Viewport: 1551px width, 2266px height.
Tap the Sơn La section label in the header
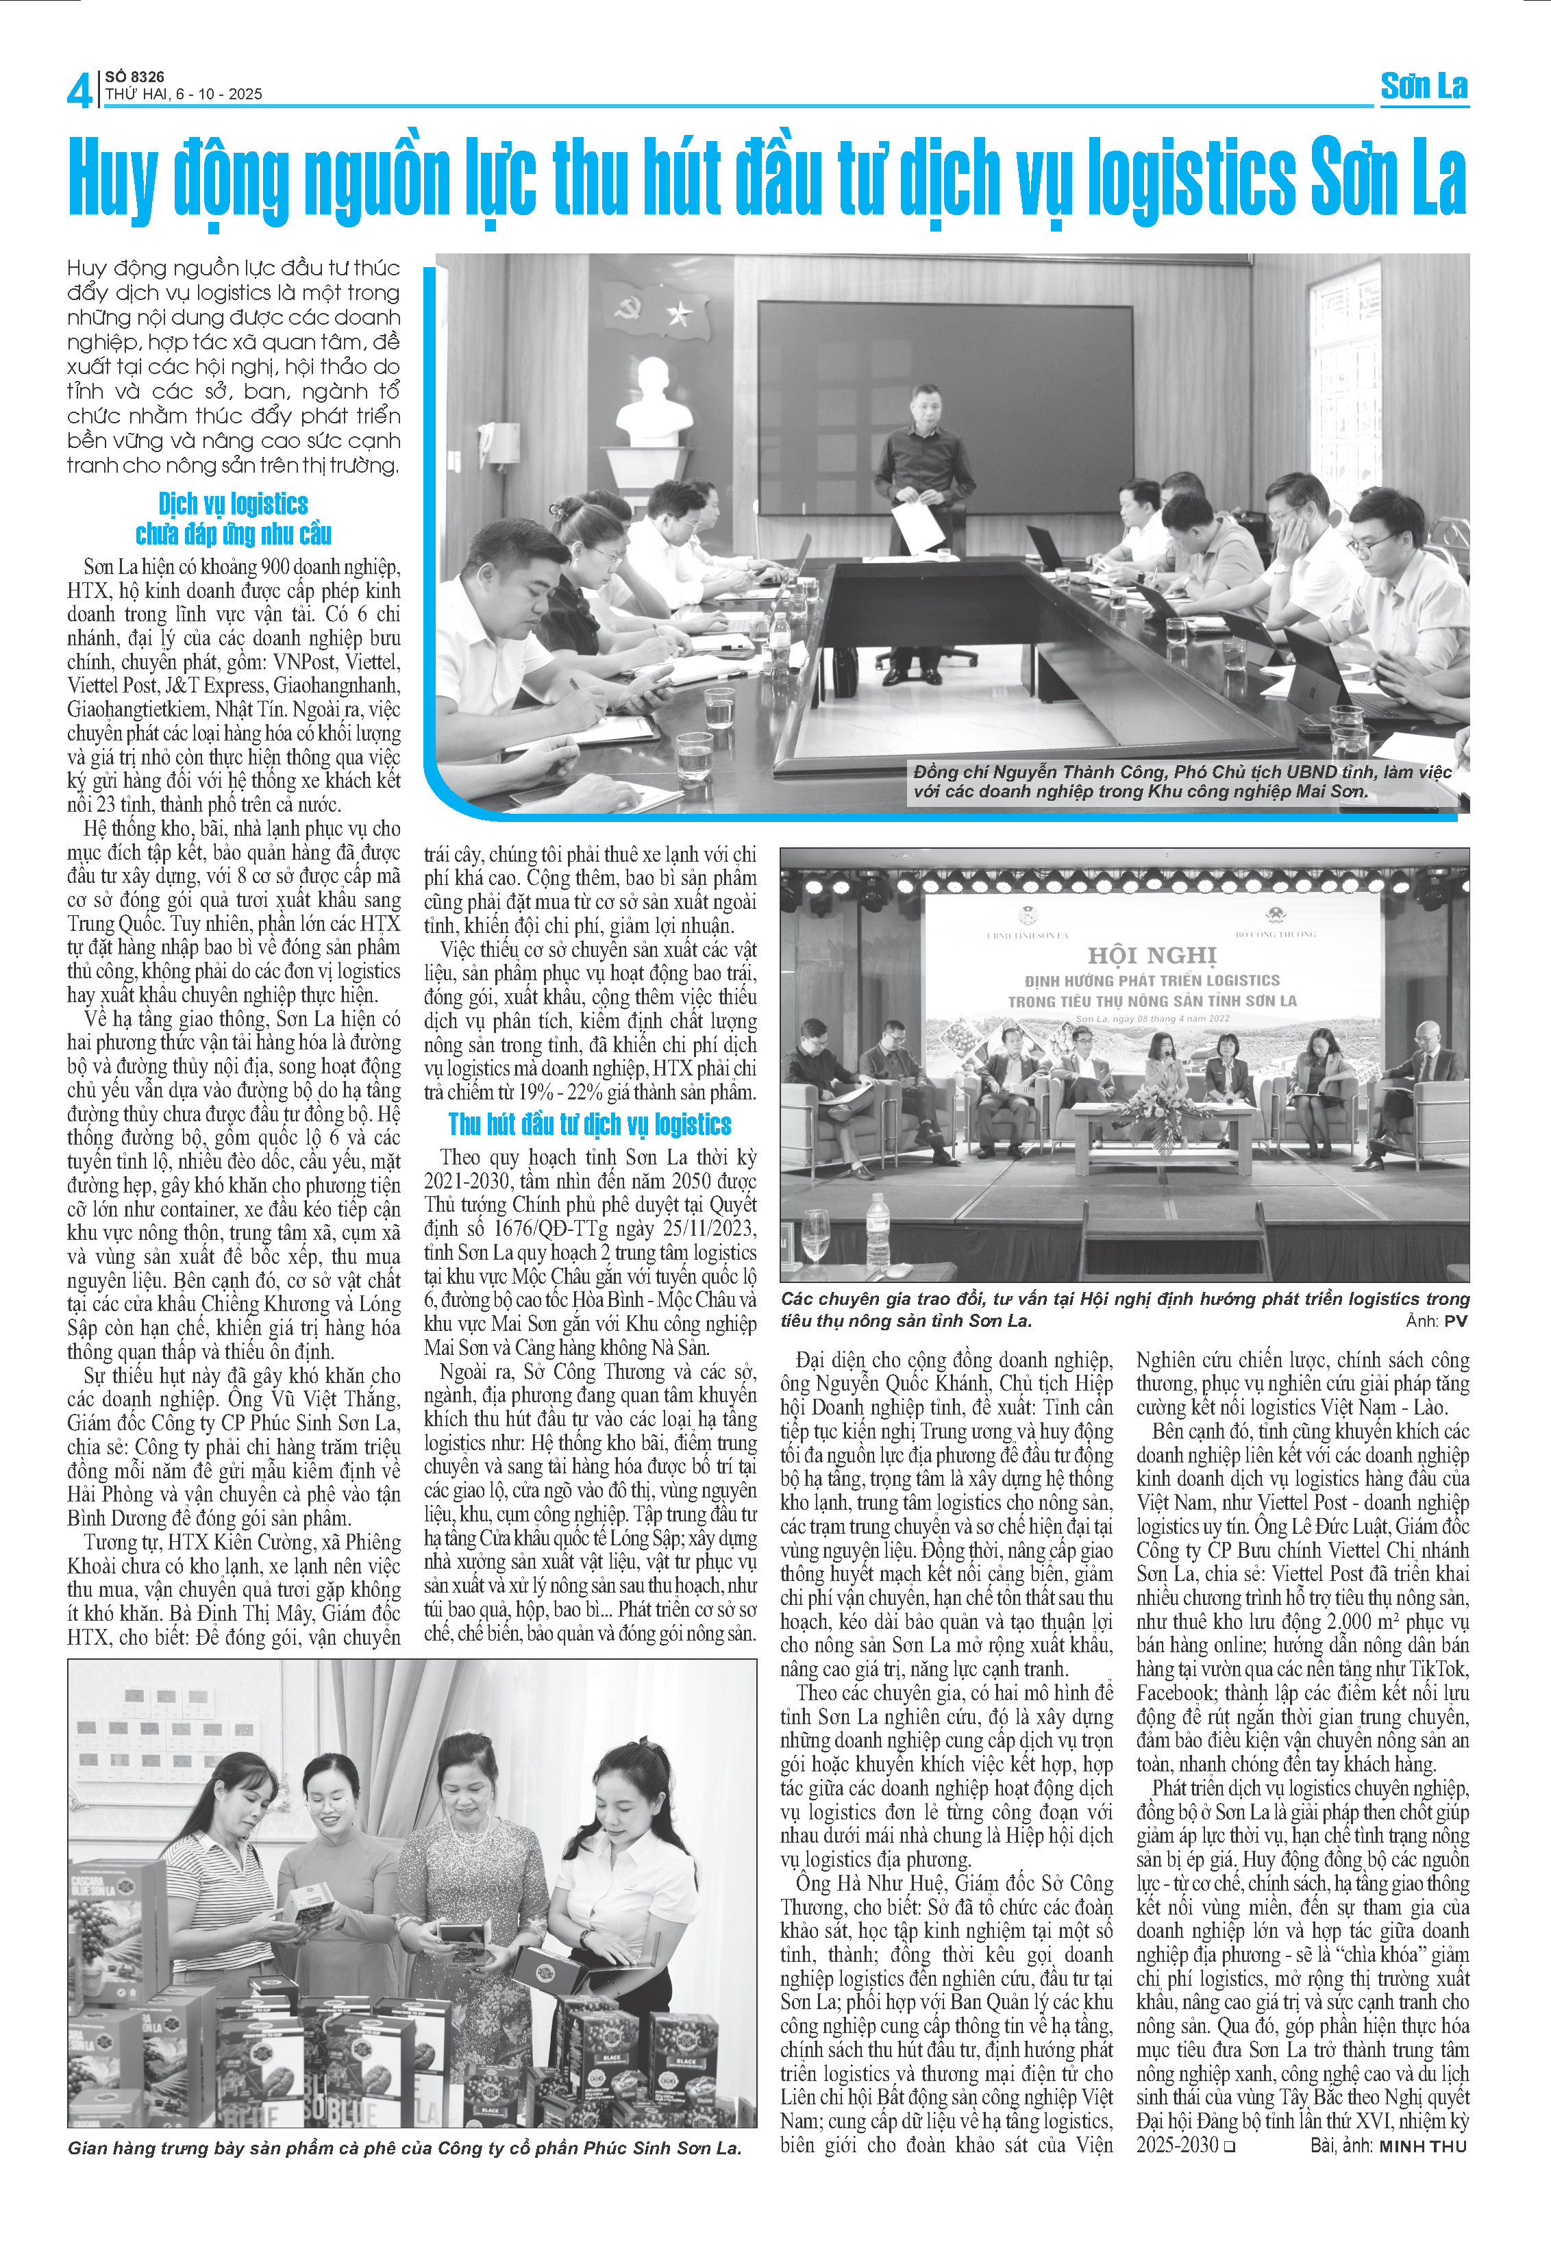[x=1424, y=87]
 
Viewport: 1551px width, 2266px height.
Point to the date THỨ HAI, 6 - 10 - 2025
[x=184, y=95]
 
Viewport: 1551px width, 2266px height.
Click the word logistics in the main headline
[x=1191, y=177]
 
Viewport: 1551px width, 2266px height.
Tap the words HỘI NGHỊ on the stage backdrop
[x=1152, y=955]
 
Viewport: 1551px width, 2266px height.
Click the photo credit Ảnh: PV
[x=1436, y=1321]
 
